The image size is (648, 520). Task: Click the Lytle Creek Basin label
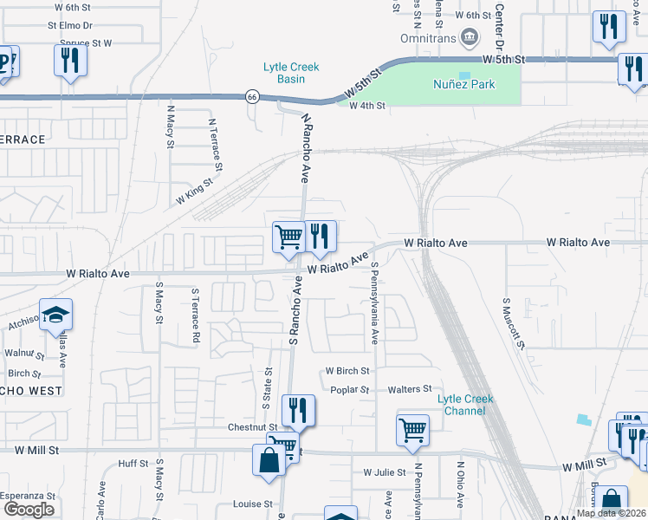tap(291, 73)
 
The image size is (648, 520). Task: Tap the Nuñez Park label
tap(463, 84)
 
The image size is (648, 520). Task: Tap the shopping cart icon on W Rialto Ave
tap(288, 236)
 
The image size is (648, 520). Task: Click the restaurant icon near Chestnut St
tap(298, 410)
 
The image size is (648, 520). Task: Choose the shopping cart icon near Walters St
tap(412, 430)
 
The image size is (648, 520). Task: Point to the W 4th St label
tap(366, 105)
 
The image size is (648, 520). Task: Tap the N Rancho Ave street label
tap(305, 147)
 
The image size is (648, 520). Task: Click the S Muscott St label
tap(512, 322)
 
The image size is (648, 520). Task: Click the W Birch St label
tap(347, 370)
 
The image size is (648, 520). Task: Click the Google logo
tap(29, 510)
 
